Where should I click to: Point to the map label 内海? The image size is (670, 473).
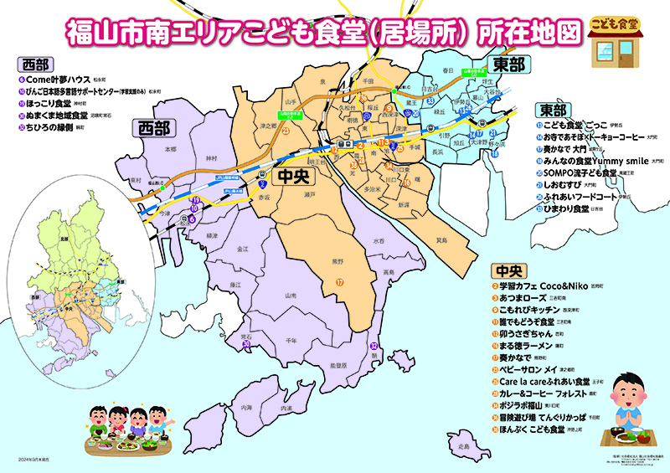point(246,407)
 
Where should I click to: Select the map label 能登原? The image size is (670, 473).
point(338,365)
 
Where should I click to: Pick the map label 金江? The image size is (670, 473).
point(243,249)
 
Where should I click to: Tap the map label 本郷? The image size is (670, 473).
point(171,148)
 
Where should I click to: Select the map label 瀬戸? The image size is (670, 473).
point(309,193)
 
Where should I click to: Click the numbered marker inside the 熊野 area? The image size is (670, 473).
point(340,282)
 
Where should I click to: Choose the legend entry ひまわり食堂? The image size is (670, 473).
point(566,208)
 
